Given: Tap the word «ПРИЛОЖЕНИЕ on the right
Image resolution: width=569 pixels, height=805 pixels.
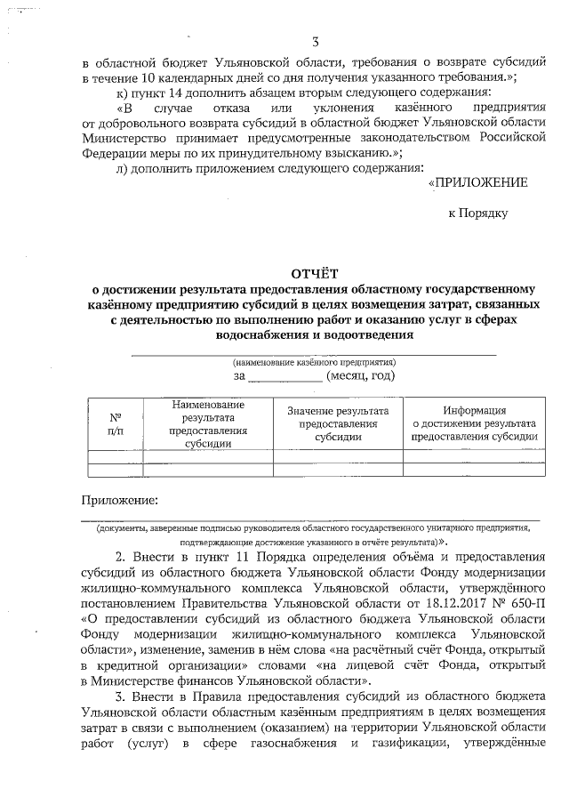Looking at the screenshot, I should coord(477,183).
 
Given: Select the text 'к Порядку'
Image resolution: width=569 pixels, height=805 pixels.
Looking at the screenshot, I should coord(477,213).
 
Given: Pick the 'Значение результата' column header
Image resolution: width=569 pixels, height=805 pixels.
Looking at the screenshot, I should coord(338,423).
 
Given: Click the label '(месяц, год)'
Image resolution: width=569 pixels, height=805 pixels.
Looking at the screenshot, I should coord(360,376).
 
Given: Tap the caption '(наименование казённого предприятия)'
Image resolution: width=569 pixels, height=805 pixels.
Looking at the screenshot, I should coord(314,362).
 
